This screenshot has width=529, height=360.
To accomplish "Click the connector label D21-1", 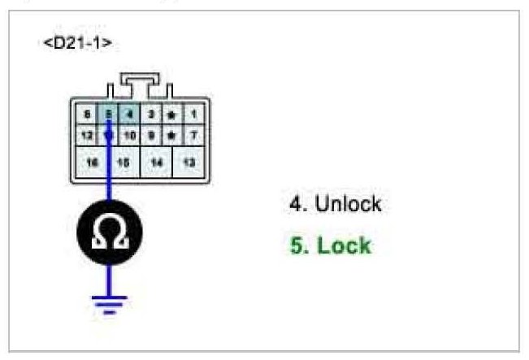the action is point(76,43).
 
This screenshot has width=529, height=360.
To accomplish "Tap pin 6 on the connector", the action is point(87,115).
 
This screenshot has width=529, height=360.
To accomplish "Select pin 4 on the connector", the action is point(129,115).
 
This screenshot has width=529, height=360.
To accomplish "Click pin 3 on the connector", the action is point(150,115).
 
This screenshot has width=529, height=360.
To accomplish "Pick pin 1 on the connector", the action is point(193,115).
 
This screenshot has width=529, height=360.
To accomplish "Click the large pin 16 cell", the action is point(93,163).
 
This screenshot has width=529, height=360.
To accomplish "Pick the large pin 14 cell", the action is point(157,163).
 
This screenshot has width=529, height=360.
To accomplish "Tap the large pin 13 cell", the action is point(189,163).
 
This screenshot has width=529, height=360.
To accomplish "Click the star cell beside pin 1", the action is point(171,115).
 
